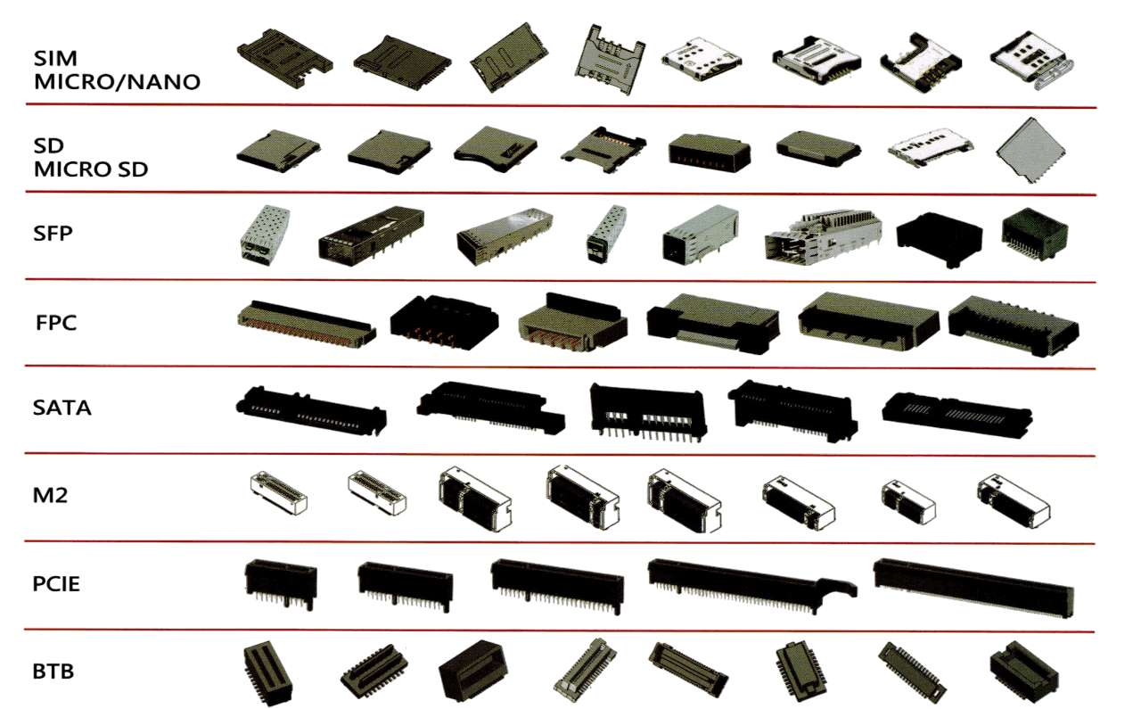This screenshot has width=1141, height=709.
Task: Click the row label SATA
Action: click(x=62, y=408)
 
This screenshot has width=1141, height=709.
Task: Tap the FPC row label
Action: click(x=56, y=323)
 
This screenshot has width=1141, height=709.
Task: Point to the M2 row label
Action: click(x=50, y=496)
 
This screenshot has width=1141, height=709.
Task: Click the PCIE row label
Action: click(x=56, y=584)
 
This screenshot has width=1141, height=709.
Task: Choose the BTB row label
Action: click(x=53, y=672)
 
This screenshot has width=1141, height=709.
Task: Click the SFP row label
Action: click(x=53, y=234)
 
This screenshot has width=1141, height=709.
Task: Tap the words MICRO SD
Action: click(x=91, y=169)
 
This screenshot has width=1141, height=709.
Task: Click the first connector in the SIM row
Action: click(x=284, y=59)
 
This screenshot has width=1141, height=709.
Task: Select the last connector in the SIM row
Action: click(x=1032, y=61)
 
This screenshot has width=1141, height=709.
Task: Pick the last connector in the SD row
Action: click(x=1030, y=151)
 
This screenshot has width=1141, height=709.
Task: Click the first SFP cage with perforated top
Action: click(x=265, y=235)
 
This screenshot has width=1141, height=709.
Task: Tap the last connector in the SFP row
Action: click(x=1035, y=234)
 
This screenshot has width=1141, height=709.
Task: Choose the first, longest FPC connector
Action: click(x=307, y=324)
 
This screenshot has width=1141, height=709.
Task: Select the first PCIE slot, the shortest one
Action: click(x=281, y=584)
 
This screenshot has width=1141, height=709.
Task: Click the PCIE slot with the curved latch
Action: click(x=752, y=585)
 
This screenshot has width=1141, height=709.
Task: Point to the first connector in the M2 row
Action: click(x=279, y=492)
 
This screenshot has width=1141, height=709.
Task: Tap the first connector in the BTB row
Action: click(x=268, y=672)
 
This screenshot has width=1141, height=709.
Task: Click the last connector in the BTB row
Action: click(x=1024, y=672)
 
